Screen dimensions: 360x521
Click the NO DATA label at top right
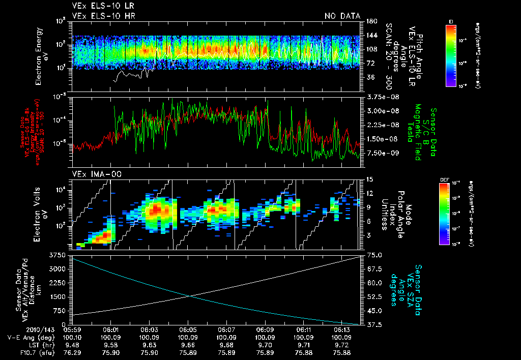342,16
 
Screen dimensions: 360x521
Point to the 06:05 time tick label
188,329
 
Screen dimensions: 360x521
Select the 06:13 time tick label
342,329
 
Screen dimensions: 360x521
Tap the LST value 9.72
342,344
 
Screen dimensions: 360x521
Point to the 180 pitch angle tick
370,21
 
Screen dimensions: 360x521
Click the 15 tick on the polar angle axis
369,179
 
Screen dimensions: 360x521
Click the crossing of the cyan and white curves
190,296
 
